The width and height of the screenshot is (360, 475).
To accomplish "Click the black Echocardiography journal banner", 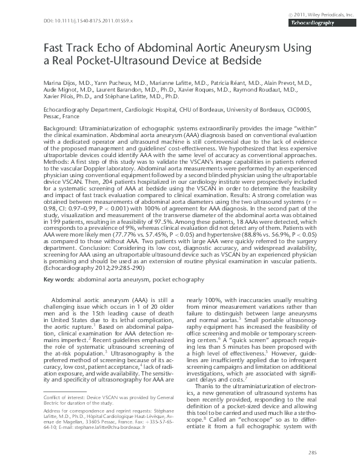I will [x=315, y=22].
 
